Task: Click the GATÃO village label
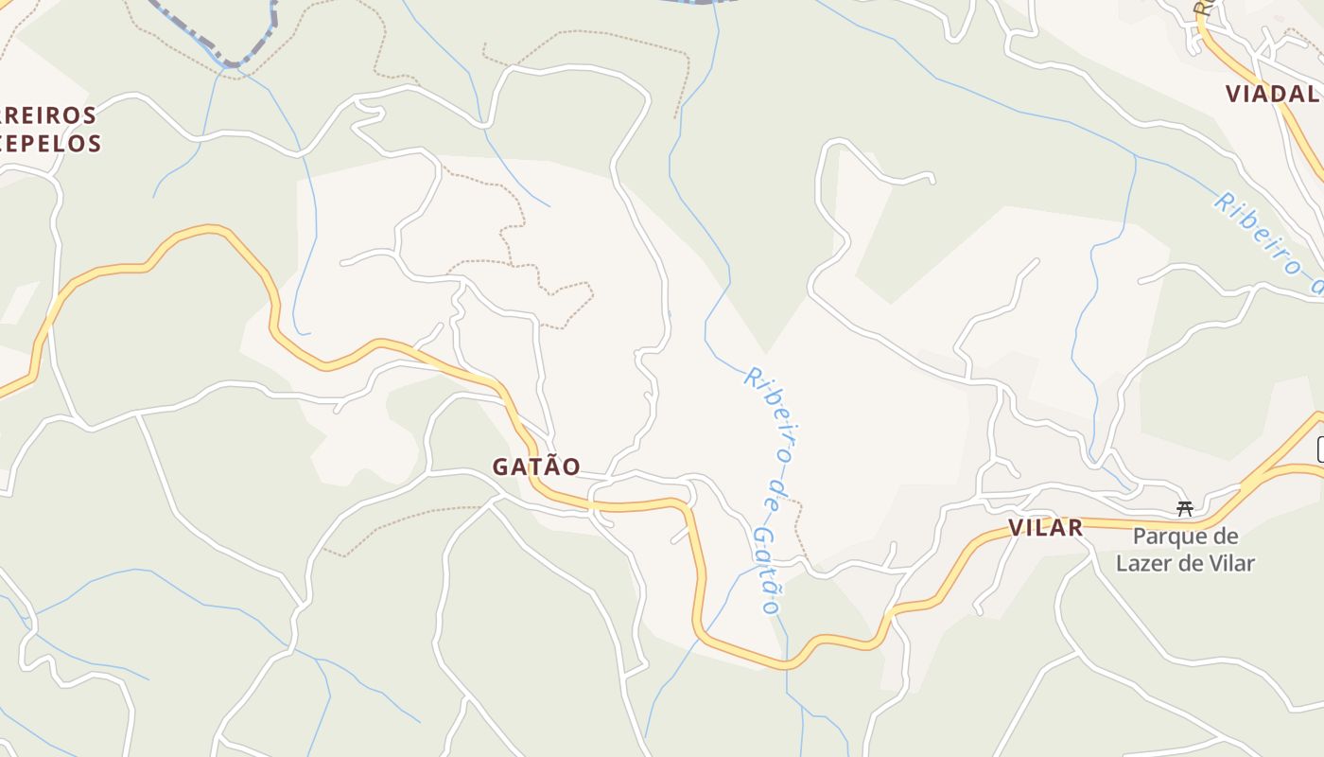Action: (535, 467)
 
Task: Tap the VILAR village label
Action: (1045, 528)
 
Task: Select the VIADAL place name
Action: (1273, 94)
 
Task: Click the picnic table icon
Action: (1184, 509)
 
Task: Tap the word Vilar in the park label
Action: (1231, 564)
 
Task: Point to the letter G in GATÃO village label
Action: (500, 467)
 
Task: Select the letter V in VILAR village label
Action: (1016, 528)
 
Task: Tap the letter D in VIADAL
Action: (1285, 94)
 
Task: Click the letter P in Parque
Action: (1140, 537)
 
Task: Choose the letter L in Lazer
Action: (1122, 564)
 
